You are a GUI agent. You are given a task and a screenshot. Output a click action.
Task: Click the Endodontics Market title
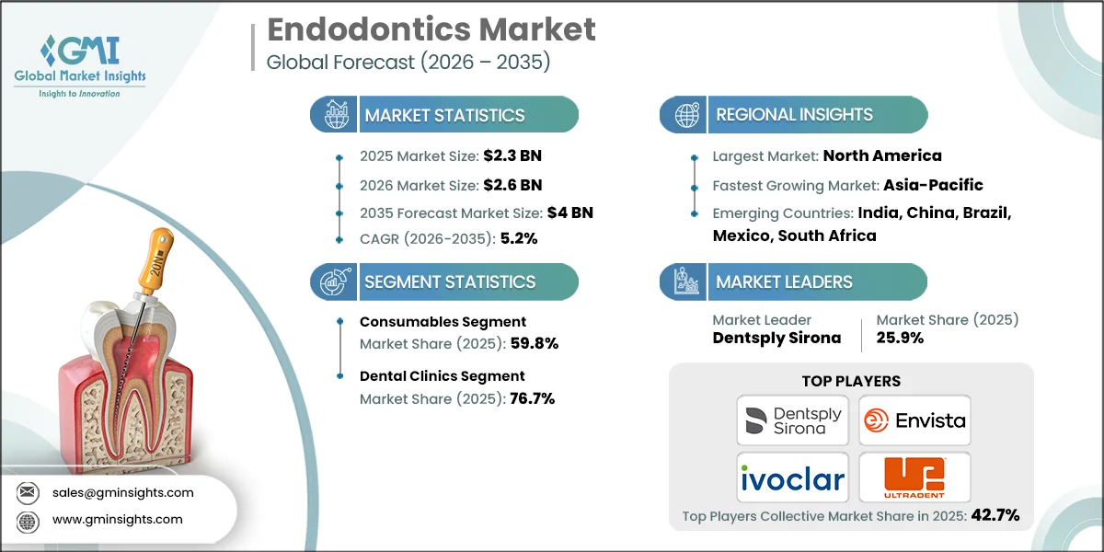(431, 29)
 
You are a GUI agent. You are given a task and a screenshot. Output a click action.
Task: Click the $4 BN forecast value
(571, 213)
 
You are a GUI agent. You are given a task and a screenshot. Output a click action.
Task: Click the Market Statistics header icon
(334, 116)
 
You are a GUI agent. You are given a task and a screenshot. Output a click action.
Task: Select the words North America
(882, 155)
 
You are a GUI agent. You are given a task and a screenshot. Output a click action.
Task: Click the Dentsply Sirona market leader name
(776, 338)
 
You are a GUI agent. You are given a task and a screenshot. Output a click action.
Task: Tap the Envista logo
(914, 420)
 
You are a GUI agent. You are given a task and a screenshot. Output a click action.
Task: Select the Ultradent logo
(914, 477)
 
